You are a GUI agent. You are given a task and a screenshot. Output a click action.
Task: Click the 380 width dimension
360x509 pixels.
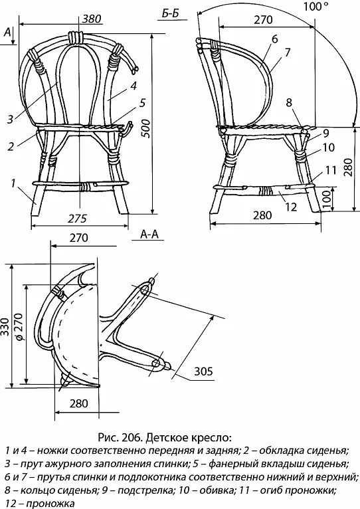(92, 19)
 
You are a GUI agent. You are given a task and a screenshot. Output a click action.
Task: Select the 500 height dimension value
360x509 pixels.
(146, 128)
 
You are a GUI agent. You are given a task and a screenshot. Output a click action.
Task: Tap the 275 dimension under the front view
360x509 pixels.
(78, 219)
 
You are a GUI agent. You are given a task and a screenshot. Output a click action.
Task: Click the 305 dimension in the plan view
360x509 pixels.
(203, 371)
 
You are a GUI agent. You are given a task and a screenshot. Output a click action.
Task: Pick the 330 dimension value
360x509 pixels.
(5, 326)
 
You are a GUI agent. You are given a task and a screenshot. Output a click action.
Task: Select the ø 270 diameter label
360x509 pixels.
(19, 326)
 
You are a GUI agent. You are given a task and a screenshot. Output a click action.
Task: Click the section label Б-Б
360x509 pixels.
(171, 14)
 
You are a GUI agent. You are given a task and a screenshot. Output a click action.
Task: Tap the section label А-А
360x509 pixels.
(149, 234)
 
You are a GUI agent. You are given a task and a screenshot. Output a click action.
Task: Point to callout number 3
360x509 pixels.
(11, 119)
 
